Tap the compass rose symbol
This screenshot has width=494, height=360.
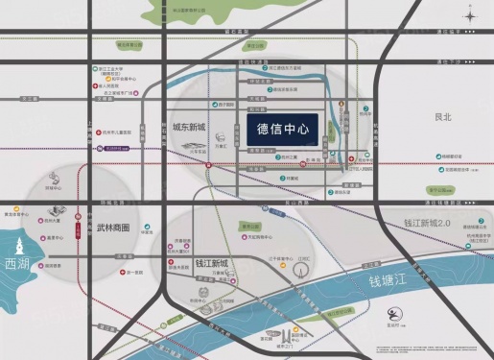474,14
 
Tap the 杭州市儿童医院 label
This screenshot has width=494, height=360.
117,132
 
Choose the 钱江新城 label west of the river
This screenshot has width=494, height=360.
212,263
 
